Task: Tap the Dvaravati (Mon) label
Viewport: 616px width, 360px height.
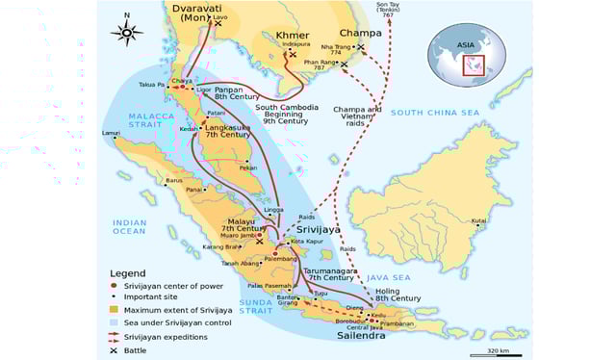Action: click(203, 13)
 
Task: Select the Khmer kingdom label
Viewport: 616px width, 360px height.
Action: click(293, 36)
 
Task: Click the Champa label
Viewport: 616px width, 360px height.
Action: click(360, 33)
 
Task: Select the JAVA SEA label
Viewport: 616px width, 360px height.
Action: click(390, 277)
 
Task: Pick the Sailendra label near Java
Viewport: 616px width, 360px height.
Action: click(362, 338)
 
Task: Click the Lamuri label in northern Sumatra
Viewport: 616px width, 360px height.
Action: click(112, 134)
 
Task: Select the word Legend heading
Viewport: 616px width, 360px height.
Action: click(128, 273)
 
